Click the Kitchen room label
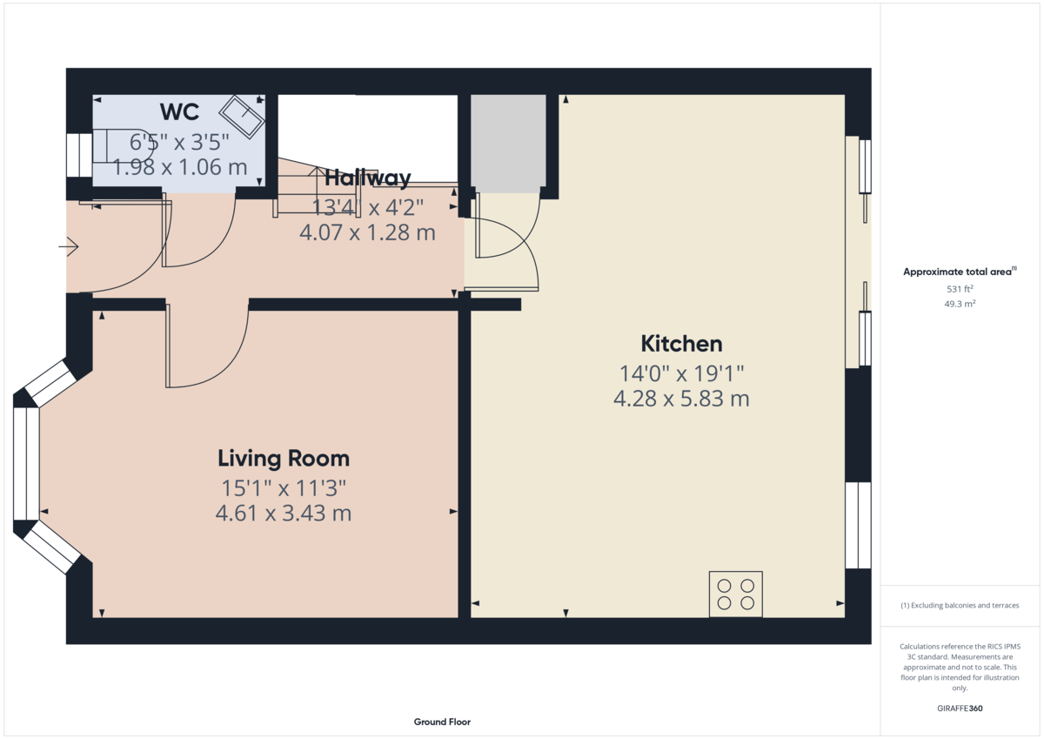[681, 343]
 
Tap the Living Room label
[284, 458]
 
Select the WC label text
[180, 111]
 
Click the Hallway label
[367, 178]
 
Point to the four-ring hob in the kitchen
[735, 594]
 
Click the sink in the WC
[241, 117]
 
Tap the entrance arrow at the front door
[69, 248]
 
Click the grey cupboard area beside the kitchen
[508, 142]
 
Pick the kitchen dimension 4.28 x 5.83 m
[681, 400]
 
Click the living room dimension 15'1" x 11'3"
[284, 487]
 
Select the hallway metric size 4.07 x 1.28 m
[367, 233]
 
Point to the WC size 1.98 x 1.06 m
[180, 167]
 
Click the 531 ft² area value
[960, 289]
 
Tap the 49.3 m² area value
[960, 304]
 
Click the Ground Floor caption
[442, 722]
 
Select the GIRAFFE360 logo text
[960, 709]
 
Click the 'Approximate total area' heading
[957, 272]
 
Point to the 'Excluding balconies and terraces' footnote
[960, 605]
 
